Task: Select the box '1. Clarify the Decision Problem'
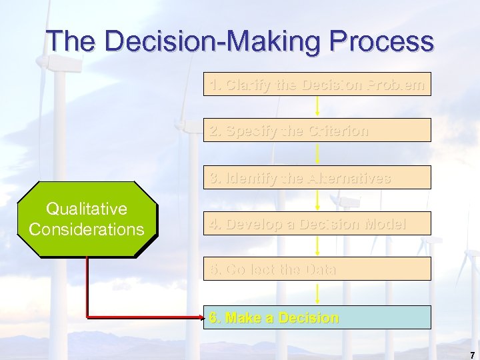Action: coord(317,85)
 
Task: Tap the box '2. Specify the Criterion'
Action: coord(317,131)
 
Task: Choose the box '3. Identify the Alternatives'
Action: coord(317,178)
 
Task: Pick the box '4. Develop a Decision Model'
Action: coord(317,224)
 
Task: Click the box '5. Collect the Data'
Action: coord(317,269)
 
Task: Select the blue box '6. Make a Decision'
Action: coord(317,318)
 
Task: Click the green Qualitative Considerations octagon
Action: coord(87,219)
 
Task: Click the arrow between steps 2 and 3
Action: coord(317,153)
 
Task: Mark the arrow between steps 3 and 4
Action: coord(317,200)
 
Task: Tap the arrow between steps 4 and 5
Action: coord(317,246)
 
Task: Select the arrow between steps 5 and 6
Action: coord(317,293)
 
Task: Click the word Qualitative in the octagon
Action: coord(87,209)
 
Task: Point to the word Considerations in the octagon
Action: coord(87,229)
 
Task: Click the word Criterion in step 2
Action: coord(339,131)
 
